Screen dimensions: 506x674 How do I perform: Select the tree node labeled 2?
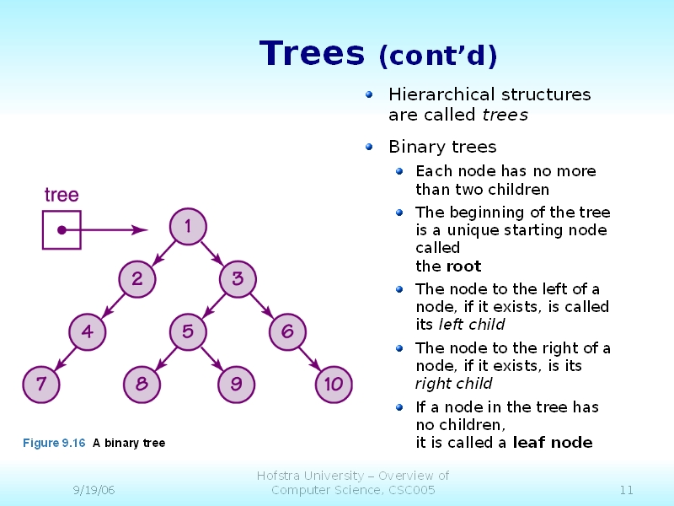[x=136, y=278]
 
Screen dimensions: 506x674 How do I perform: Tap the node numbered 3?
[x=238, y=278]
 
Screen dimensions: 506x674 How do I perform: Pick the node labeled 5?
[x=187, y=331]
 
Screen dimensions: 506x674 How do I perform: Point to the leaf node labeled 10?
[x=334, y=385]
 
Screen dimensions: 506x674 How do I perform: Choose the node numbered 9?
[x=236, y=385]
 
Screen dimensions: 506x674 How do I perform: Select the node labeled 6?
[x=287, y=331]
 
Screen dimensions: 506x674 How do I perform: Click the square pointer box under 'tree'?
[x=62, y=229]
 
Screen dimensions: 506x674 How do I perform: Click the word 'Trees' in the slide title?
[x=312, y=53]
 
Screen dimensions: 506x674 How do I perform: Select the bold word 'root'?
[x=463, y=266]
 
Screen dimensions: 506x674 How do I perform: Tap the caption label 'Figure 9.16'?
[x=54, y=443]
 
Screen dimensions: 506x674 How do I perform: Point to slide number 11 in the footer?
[x=626, y=490]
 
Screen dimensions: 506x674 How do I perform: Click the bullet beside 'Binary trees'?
[x=369, y=147]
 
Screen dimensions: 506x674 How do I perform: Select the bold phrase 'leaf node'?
[x=553, y=443]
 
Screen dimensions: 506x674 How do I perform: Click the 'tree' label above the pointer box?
[x=62, y=195]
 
